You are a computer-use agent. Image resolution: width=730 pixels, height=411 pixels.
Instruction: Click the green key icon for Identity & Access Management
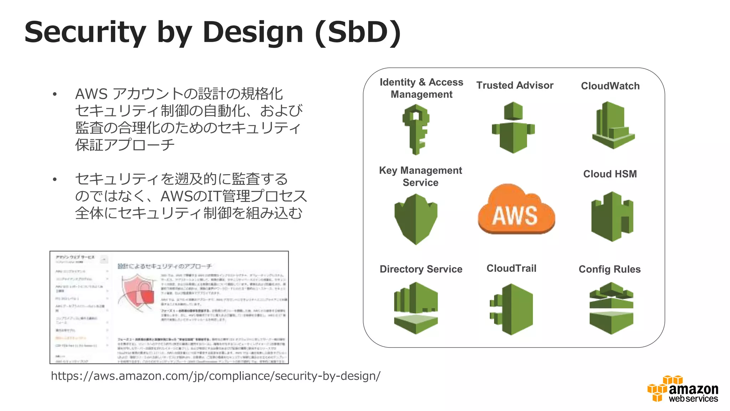click(x=416, y=129)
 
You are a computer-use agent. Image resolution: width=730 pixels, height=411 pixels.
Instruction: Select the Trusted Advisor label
click(x=515, y=85)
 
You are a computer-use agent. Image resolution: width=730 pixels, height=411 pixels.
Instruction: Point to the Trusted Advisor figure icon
click(x=513, y=128)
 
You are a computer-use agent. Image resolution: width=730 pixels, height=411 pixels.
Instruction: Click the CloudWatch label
click(x=610, y=86)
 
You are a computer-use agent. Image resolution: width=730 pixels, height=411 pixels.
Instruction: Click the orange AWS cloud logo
click(x=516, y=210)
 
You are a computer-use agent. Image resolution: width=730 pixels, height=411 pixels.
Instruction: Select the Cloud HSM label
click(x=610, y=174)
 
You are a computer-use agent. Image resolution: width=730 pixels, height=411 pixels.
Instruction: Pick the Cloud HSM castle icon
click(x=612, y=217)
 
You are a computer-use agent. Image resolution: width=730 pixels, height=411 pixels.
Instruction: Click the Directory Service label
click(x=421, y=269)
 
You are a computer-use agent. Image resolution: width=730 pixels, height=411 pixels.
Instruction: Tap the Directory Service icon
click(x=416, y=308)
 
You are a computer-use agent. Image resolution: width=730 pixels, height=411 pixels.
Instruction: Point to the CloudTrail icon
click(x=511, y=309)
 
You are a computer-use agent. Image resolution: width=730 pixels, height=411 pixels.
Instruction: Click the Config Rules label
click(x=609, y=269)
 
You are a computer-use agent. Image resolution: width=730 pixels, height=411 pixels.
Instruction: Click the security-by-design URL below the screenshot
click(x=216, y=376)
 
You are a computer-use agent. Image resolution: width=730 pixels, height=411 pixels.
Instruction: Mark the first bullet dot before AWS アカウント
click(x=55, y=95)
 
